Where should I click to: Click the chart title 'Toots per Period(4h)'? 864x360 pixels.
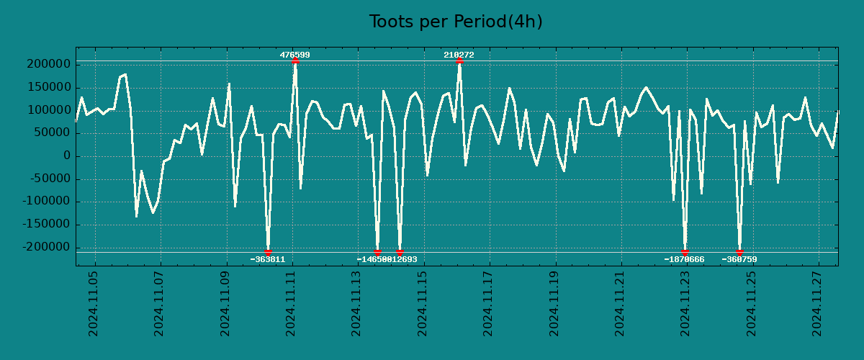pos(456,22)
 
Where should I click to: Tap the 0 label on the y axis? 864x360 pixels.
pos(66,156)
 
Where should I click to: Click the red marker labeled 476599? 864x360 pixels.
pos(295,60)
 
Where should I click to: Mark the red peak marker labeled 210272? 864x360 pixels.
pos(459,60)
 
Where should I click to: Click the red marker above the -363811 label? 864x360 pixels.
pos(268,252)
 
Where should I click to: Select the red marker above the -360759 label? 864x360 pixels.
pos(739,252)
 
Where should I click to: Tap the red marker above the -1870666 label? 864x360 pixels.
pos(685,252)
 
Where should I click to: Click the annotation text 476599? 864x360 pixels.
pos(295,55)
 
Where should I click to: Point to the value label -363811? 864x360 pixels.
pos(268,259)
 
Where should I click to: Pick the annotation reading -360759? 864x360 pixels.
pos(739,259)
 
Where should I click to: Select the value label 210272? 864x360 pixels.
pos(459,55)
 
